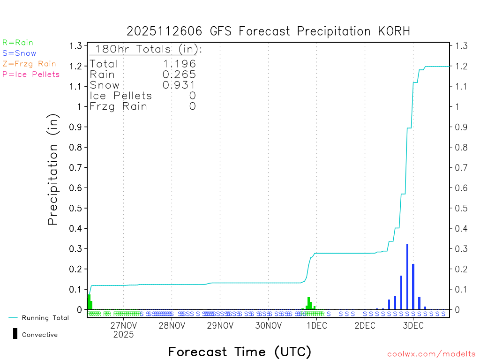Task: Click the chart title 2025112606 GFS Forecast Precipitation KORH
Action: [x=268, y=31]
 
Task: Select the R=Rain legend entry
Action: [x=18, y=43]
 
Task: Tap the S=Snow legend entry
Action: [x=19, y=53]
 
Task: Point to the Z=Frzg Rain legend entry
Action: [x=29, y=64]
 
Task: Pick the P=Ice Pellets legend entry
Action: [x=31, y=74]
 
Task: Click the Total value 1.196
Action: [x=179, y=64]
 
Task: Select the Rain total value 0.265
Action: [x=179, y=74]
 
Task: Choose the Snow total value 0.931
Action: [x=179, y=85]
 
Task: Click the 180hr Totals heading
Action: [x=146, y=49]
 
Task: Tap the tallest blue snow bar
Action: [x=407, y=277]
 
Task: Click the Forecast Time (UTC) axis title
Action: [x=240, y=352]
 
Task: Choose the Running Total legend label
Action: [x=45, y=318]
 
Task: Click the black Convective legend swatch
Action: [x=15, y=334]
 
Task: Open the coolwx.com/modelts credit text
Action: [x=431, y=354]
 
